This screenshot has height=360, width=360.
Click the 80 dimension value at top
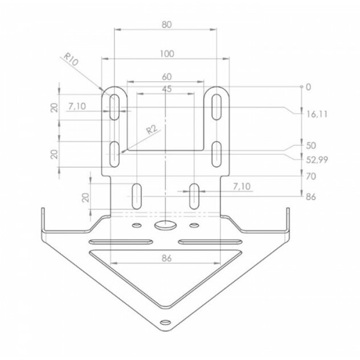pyautogui.click(x=166, y=24)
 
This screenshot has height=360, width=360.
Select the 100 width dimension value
pyautogui.click(x=167, y=54)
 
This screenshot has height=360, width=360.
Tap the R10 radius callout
pyautogui.click(x=71, y=59)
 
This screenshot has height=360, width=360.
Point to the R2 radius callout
pyautogui.click(x=152, y=130)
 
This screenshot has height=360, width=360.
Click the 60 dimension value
pyautogui.click(x=167, y=77)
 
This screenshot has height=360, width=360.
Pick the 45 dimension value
pyautogui.click(x=167, y=89)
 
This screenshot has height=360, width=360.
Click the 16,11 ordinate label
pyautogui.click(x=317, y=114)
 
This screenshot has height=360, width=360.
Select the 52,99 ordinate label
pyautogui.click(x=317, y=160)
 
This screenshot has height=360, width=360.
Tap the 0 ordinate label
pyautogui.click(x=308, y=87)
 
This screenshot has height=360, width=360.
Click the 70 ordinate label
pyautogui.click(x=311, y=177)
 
